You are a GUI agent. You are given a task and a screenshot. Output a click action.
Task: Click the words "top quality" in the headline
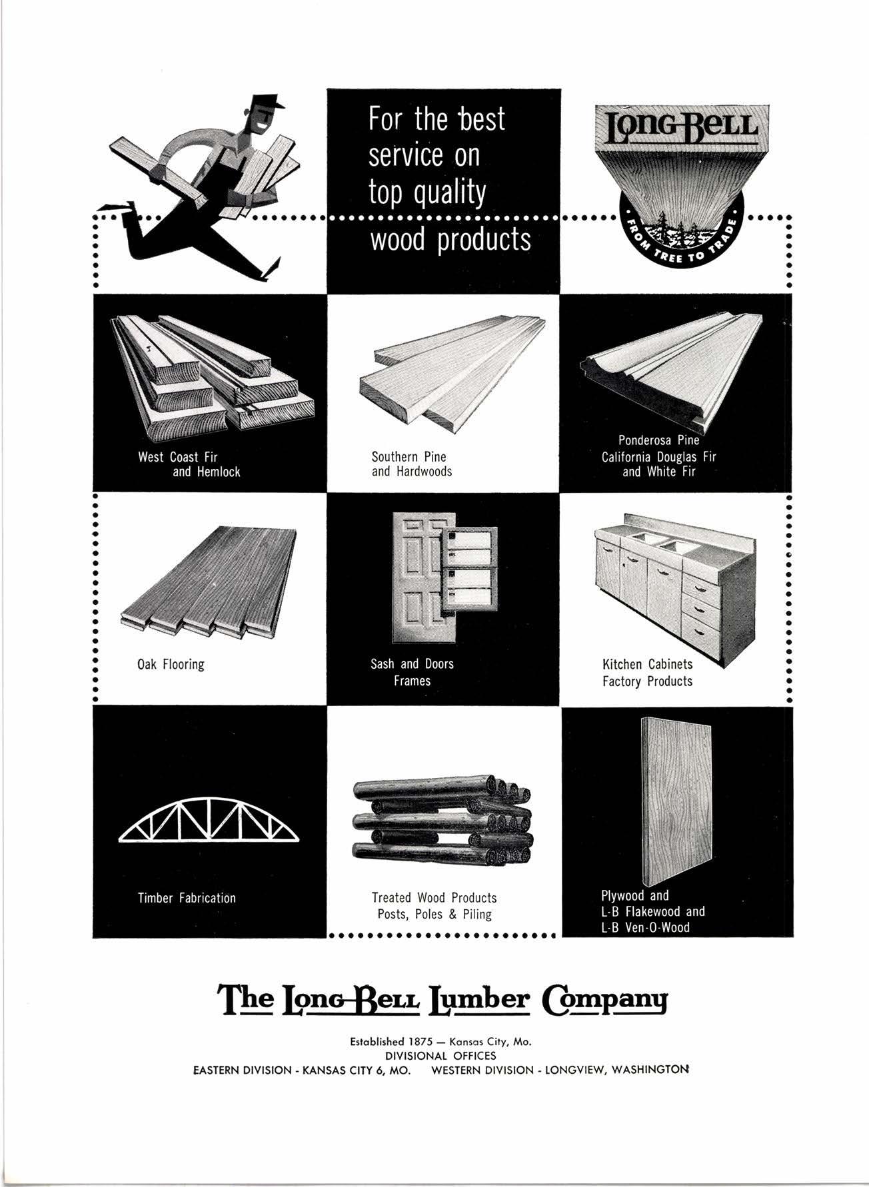point(427,193)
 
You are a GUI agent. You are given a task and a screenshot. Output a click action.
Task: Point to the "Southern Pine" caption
point(409,457)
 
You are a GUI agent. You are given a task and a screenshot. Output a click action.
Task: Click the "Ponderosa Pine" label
point(658,440)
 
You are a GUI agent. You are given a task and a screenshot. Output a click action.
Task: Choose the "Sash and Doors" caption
point(412,664)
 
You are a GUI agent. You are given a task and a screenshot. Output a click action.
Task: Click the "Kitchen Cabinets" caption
point(647,664)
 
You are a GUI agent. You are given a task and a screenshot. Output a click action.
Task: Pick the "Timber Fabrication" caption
point(187,898)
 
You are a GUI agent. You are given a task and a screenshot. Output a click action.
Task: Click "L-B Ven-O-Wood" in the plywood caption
point(645,927)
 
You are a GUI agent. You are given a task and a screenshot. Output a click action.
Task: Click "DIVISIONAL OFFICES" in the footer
point(440,1056)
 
